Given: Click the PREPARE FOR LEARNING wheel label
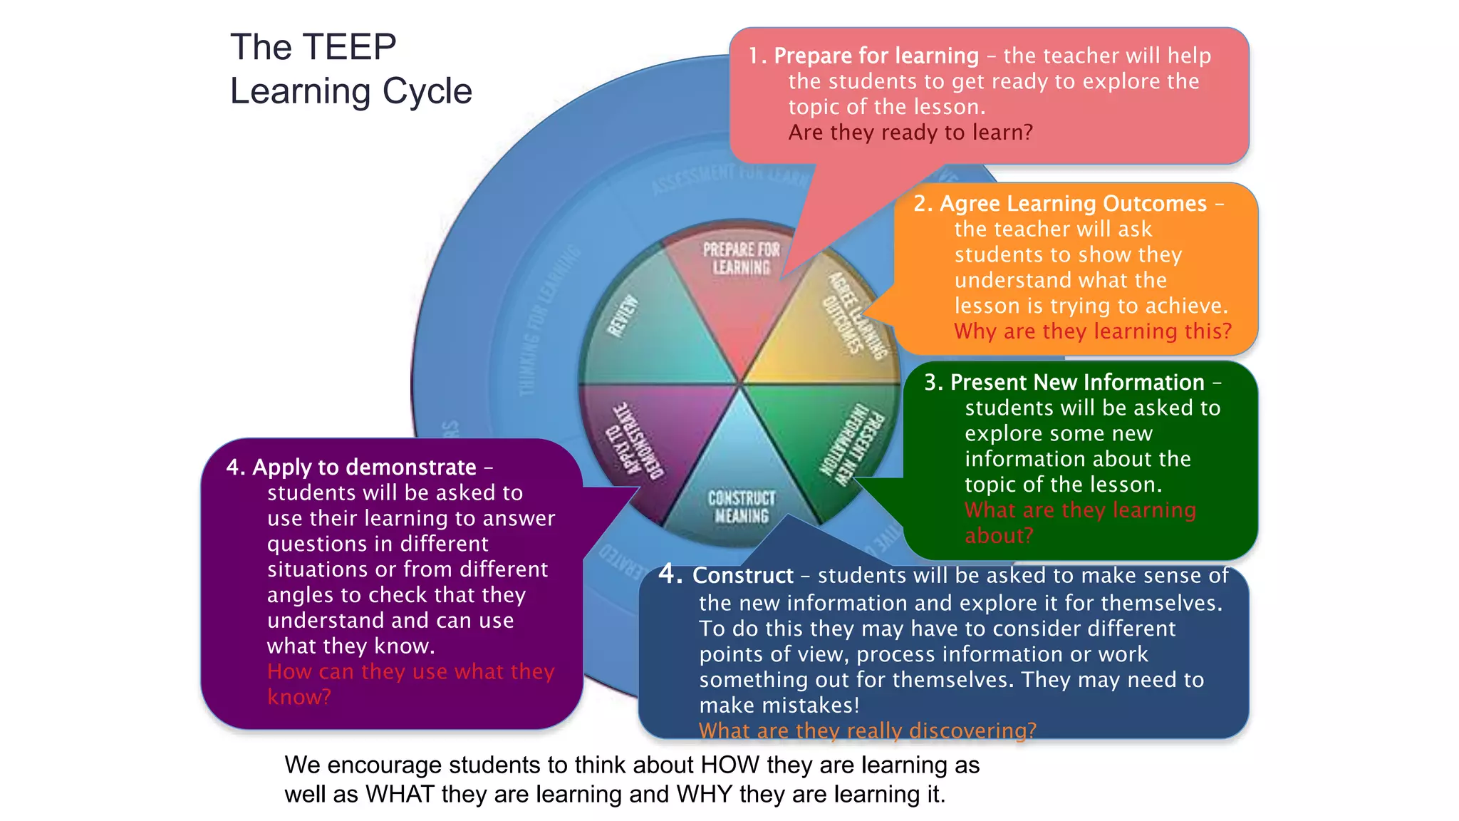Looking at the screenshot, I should click(741, 259).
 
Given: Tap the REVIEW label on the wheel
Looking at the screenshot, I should click(622, 316).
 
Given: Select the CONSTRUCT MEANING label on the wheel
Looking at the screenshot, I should click(742, 507).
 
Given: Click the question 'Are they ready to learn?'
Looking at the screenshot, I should click(910, 133).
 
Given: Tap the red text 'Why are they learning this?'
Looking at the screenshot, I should click(1092, 331).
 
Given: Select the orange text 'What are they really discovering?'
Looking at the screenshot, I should click(867, 730).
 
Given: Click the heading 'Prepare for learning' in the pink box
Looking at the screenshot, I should click(876, 56).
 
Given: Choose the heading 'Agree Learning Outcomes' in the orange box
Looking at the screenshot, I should click(1073, 204).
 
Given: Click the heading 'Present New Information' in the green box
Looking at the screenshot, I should click(1076, 383).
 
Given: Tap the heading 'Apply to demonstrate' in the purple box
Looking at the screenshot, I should click(364, 468).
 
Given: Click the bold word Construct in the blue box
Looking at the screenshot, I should click(742, 576).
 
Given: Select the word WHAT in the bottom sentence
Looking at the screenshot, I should click(400, 795).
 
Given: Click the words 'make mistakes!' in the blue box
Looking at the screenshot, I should click(779, 706).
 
